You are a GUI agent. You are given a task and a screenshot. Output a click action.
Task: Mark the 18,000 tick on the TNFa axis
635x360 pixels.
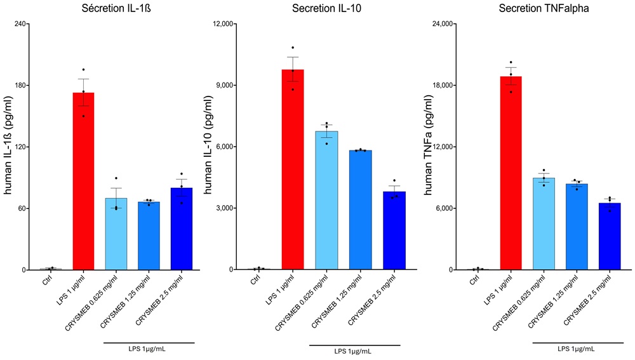coord(441,86)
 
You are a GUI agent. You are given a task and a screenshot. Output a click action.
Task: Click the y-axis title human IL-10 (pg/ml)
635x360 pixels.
coord(206,147)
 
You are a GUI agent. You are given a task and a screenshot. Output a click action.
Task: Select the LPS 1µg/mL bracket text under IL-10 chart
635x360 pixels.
coord(355,350)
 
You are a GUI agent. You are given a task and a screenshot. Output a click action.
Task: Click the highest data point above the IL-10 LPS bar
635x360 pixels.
coord(293,48)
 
